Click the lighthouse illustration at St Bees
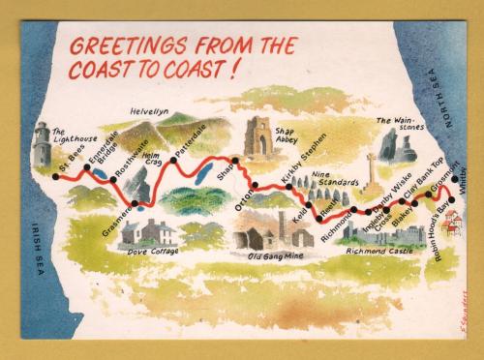point(41,146)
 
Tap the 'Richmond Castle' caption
point(392,250)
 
